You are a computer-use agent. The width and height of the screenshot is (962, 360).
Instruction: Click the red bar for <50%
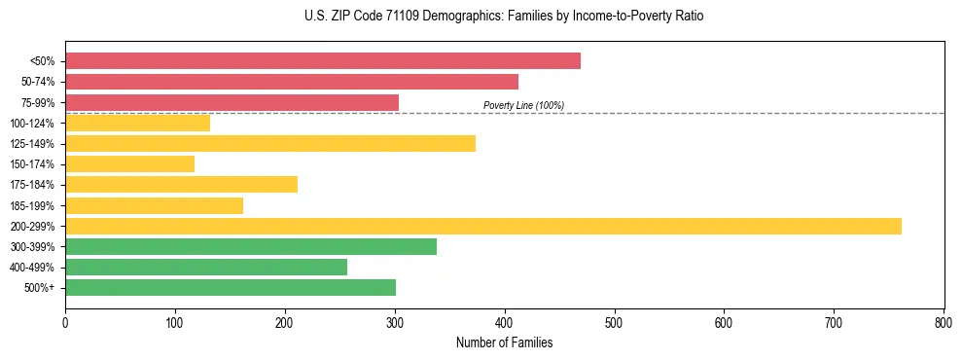pos(323,61)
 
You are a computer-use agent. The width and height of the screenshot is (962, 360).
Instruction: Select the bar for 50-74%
pos(292,82)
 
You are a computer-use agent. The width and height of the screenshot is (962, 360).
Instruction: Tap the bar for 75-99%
pos(232,102)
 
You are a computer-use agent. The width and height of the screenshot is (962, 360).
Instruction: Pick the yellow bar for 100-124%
pos(137,123)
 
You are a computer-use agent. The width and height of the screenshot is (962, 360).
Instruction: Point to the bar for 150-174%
pos(129,164)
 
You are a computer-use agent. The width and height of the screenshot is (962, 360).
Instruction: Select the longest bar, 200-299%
pos(483,227)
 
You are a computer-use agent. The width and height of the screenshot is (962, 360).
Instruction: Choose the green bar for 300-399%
pos(251,247)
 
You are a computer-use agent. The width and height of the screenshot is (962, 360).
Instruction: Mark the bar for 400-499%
pos(206,268)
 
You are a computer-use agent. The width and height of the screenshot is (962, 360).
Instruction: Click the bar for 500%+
pos(231,288)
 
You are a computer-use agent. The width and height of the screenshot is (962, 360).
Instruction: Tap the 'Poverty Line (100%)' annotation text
pos(523,105)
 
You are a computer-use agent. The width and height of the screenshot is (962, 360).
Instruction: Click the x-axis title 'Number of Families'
pos(504,343)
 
